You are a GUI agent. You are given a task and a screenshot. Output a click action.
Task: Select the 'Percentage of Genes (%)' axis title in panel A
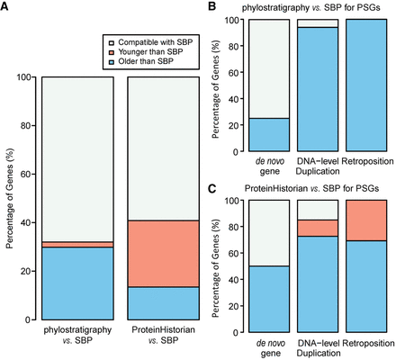click(8, 198)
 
